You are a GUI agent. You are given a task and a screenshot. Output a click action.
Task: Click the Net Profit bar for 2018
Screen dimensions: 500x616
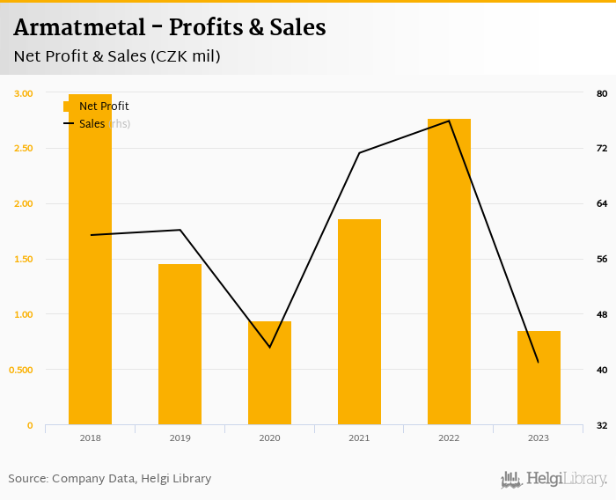pyautogui.click(x=90, y=264)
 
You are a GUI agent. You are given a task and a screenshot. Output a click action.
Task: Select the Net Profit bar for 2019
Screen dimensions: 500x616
pyautogui.click(x=180, y=344)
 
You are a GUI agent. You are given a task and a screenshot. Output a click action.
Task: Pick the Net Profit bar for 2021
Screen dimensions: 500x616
pyautogui.click(x=359, y=322)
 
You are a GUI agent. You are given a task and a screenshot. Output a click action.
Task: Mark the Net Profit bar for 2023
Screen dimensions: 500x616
pyautogui.click(x=539, y=378)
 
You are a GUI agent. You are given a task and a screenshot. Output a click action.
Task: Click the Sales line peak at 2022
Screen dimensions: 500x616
pyautogui.click(x=449, y=121)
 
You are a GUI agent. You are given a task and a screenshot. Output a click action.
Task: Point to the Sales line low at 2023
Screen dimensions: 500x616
pyautogui.click(x=538, y=362)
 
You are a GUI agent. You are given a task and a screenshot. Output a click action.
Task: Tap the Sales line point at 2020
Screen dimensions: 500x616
pyautogui.click(x=269, y=347)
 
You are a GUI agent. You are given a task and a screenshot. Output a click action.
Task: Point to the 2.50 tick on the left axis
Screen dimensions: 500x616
pyautogui.click(x=24, y=148)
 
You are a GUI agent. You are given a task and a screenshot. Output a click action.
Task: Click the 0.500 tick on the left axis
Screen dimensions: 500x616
pyautogui.click(x=22, y=370)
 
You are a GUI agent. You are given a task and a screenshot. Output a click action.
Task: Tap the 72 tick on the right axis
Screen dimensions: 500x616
pyautogui.click(x=602, y=148)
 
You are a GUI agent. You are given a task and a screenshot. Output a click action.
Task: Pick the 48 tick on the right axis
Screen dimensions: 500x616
pyautogui.click(x=602, y=314)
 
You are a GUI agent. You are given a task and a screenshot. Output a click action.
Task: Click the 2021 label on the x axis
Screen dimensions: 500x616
pyautogui.click(x=359, y=438)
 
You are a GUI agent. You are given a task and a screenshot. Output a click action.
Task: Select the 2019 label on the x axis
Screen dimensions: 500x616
pyautogui.click(x=180, y=438)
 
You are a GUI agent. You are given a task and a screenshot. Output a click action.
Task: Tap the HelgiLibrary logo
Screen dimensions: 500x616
pyautogui.click(x=554, y=480)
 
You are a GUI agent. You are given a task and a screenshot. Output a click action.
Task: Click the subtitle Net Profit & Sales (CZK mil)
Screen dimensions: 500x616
pyautogui.click(x=117, y=56)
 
